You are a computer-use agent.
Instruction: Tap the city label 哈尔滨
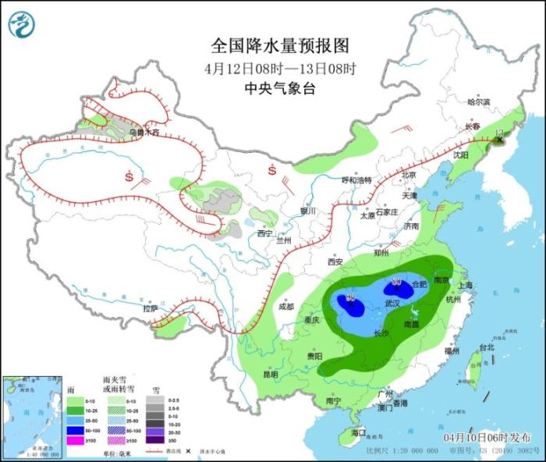tap(478, 101)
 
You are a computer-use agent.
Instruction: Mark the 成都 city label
tap(285, 306)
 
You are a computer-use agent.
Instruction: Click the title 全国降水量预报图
tap(272, 44)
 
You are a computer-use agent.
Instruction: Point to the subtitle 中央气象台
tap(272, 89)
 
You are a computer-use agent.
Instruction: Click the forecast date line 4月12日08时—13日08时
tap(272, 67)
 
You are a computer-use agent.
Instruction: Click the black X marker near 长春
tap(500, 140)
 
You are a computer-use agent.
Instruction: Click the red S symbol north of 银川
tap(273, 170)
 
